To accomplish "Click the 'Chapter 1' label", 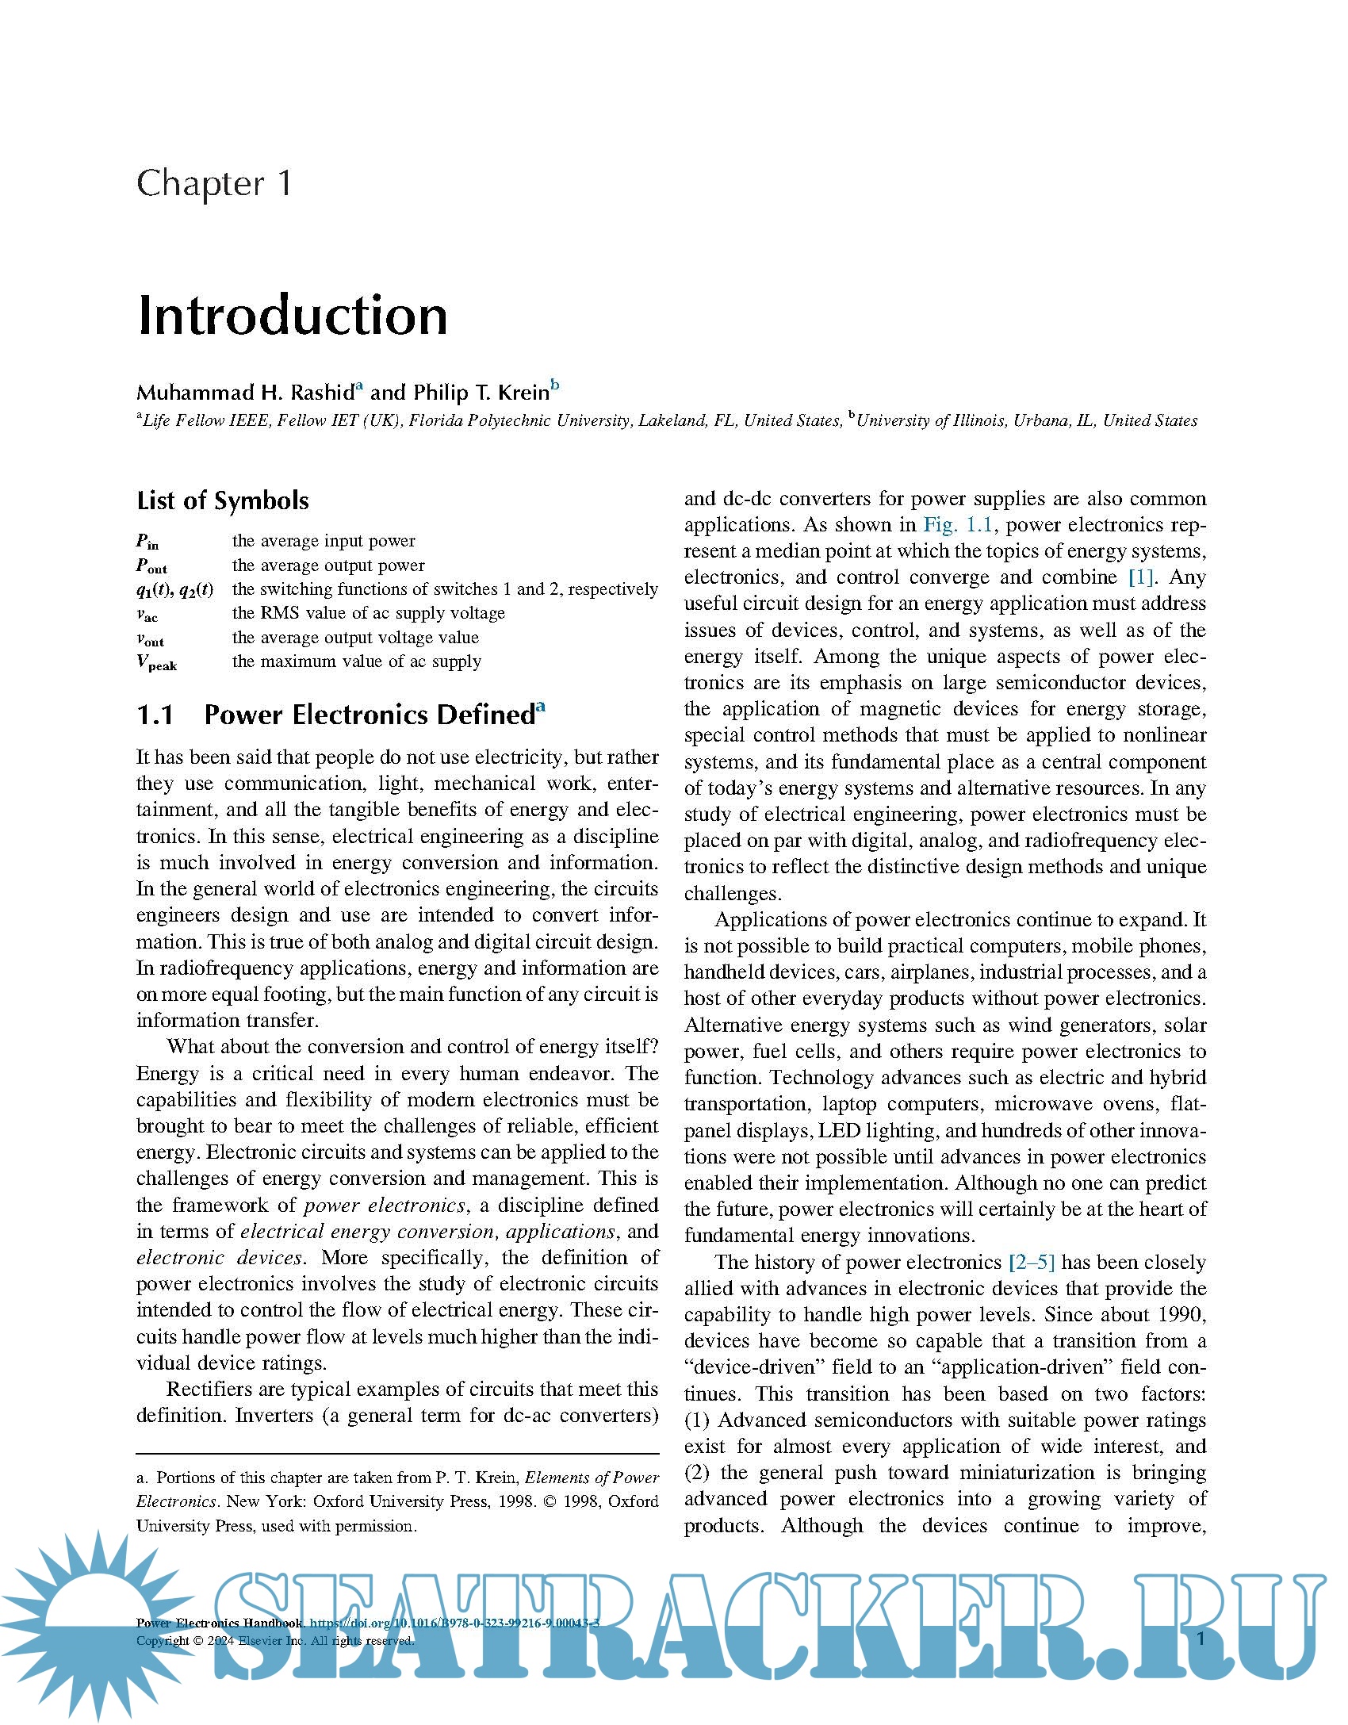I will pos(214,184).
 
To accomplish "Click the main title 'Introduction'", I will pos(293,316).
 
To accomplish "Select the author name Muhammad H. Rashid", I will pos(245,393).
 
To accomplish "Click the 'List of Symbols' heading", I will pos(223,501).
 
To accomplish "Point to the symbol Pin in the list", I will pos(147,542).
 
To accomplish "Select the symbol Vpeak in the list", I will pos(156,663).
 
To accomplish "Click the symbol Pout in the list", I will pos(151,566).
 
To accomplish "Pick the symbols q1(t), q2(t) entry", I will pos(174,590).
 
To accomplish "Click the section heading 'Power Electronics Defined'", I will pos(370,715).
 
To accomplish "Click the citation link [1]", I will pos(1141,577).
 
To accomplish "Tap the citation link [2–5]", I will pos(1031,1262).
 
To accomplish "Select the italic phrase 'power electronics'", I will pos(385,1206).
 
